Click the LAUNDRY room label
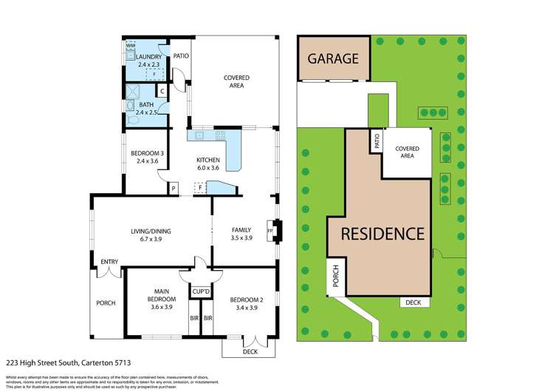tap(150, 57)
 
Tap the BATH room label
tap(146, 105)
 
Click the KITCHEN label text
tap(207, 160)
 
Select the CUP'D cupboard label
tap(201, 291)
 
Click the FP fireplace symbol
tap(270, 231)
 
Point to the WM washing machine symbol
tap(131, 46)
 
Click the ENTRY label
tap(109, 261)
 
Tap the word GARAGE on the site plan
tap(333, 58)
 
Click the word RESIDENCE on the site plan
tap(382, 234)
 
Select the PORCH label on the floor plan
tap(106, 303)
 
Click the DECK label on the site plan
tap(412, 302)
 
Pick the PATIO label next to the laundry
tap(181, 54)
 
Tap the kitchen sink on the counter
tap(199, 136)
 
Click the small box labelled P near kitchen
tap(174, 189)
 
